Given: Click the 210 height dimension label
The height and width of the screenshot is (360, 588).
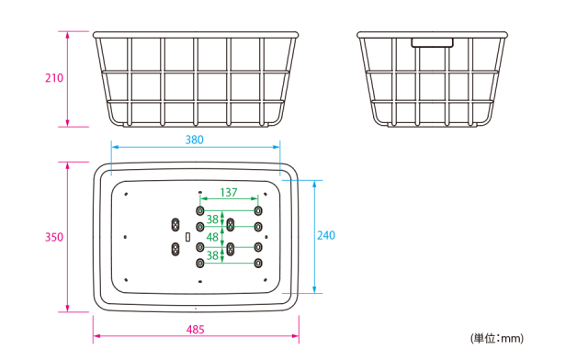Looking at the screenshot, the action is (54, 78).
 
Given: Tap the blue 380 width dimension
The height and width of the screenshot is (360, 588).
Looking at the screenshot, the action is (195, 140).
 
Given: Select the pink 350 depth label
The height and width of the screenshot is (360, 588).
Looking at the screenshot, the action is (54, 237).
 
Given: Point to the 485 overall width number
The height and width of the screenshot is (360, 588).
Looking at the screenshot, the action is (196, 330).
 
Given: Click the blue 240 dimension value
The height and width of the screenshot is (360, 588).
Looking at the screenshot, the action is (326, 235).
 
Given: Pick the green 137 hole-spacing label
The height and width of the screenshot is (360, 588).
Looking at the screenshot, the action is (229, 192).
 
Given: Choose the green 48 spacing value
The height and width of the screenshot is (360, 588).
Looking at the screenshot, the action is (212, 237).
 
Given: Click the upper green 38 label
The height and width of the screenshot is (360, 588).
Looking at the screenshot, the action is (212, 219).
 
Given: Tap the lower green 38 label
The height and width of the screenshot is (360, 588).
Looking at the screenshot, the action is (212, 255).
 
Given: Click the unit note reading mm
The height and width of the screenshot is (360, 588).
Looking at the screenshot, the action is (497, 339).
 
